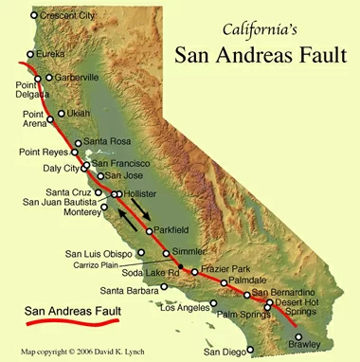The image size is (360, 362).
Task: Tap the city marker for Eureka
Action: point(29,55)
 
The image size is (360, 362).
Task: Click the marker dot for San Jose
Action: point(99,175)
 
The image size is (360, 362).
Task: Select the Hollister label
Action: point(139,193)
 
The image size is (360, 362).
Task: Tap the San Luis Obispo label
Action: point(99,253)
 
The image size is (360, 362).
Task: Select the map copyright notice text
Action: point(96,350)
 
